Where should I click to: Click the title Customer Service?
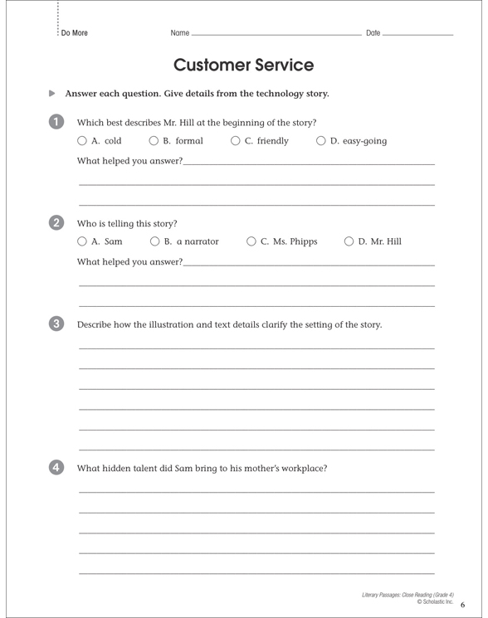243,65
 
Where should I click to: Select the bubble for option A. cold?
82,141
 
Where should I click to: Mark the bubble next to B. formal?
154,141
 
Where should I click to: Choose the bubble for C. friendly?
236,141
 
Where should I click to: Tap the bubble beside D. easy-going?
321,141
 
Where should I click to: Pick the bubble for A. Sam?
82,241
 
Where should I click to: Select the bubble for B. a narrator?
155,241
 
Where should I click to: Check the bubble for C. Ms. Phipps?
251,241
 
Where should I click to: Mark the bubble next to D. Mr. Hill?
349,241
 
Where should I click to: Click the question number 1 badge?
55,122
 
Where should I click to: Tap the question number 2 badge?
55,222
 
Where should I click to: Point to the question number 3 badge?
55,324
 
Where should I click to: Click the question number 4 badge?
55,467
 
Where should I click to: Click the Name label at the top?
179,33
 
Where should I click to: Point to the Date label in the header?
373,33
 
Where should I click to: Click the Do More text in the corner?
75,33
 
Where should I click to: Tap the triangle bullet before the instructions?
52,94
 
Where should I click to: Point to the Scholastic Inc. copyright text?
435,601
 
